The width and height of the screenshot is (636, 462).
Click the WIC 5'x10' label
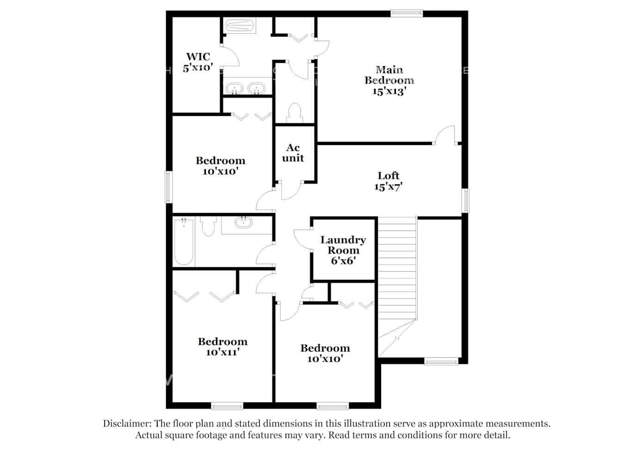click(x=198, y=62)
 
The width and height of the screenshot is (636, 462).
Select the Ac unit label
click(x=293, y=152)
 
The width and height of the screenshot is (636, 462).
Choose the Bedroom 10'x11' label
click(x=222, y=346)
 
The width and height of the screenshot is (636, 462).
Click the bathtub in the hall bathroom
click(x=184, y=241)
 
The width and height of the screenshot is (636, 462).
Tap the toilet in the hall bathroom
click(x=209, y=226)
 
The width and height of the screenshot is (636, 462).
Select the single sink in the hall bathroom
click(x=243, y=223)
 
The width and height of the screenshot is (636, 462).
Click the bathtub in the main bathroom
click(x=239, y=25)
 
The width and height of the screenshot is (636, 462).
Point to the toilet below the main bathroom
click(x=294, y=112)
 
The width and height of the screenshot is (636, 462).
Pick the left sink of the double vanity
click(x=234, y=88)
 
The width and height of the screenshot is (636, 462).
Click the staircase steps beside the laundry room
click(x=397, y=268)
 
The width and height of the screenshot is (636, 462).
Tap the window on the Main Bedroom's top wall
click(x=407, y=14)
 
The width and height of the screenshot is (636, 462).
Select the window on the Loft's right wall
click(x=465, y=201)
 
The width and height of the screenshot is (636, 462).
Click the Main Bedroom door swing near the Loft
click(x=444, y=135)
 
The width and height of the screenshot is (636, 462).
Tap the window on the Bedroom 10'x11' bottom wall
click(x=227, y=406)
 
